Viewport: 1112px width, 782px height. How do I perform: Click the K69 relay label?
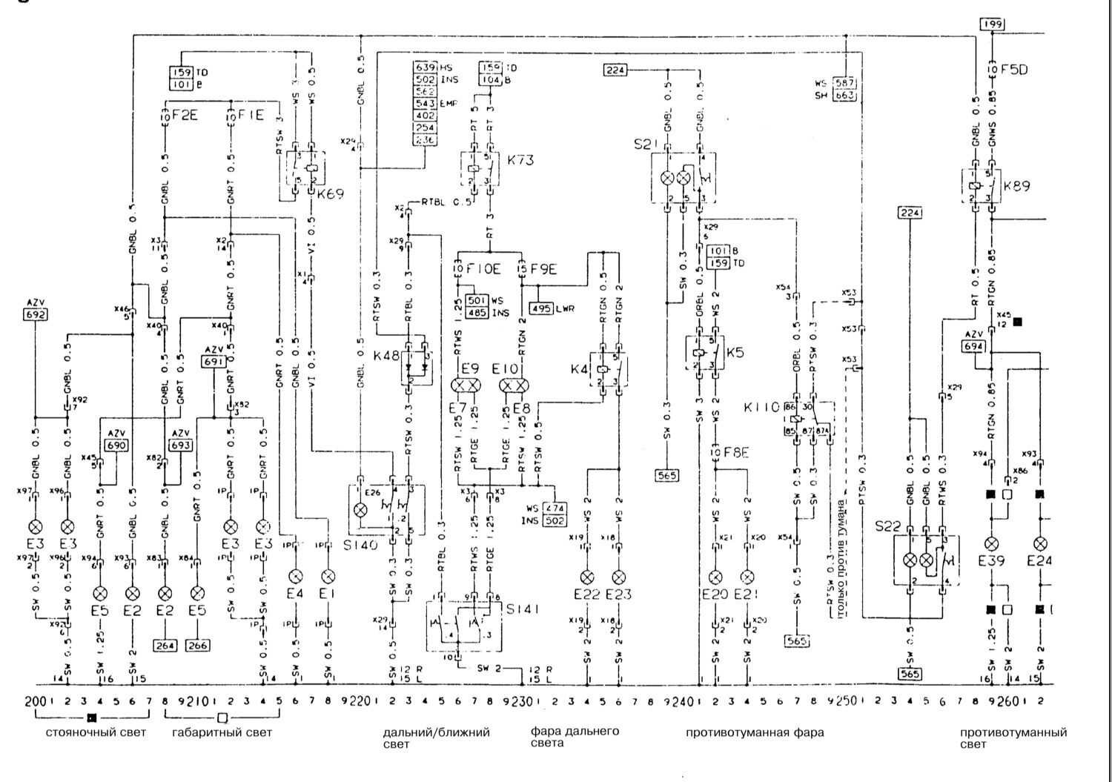331,194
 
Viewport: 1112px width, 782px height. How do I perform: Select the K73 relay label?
520,159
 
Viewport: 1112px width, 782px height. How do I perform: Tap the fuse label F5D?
1015,70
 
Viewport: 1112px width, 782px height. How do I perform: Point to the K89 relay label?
1016,185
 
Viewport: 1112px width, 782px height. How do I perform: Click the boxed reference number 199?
992,24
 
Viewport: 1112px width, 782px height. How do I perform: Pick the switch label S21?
646,145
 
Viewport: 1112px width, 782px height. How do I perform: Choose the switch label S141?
522,609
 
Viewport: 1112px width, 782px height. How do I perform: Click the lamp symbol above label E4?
295,576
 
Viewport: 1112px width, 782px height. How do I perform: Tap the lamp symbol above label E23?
619,576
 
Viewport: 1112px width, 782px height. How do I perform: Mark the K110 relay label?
761,407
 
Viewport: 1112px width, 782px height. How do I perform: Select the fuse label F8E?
735,451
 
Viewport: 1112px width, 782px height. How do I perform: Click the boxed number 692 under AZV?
36,314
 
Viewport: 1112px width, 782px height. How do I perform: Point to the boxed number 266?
197,646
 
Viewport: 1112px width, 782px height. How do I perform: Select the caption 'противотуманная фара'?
754,733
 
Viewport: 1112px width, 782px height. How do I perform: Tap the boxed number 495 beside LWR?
541,308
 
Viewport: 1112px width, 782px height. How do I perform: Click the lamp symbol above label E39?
991,543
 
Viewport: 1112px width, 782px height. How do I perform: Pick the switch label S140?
365,545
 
